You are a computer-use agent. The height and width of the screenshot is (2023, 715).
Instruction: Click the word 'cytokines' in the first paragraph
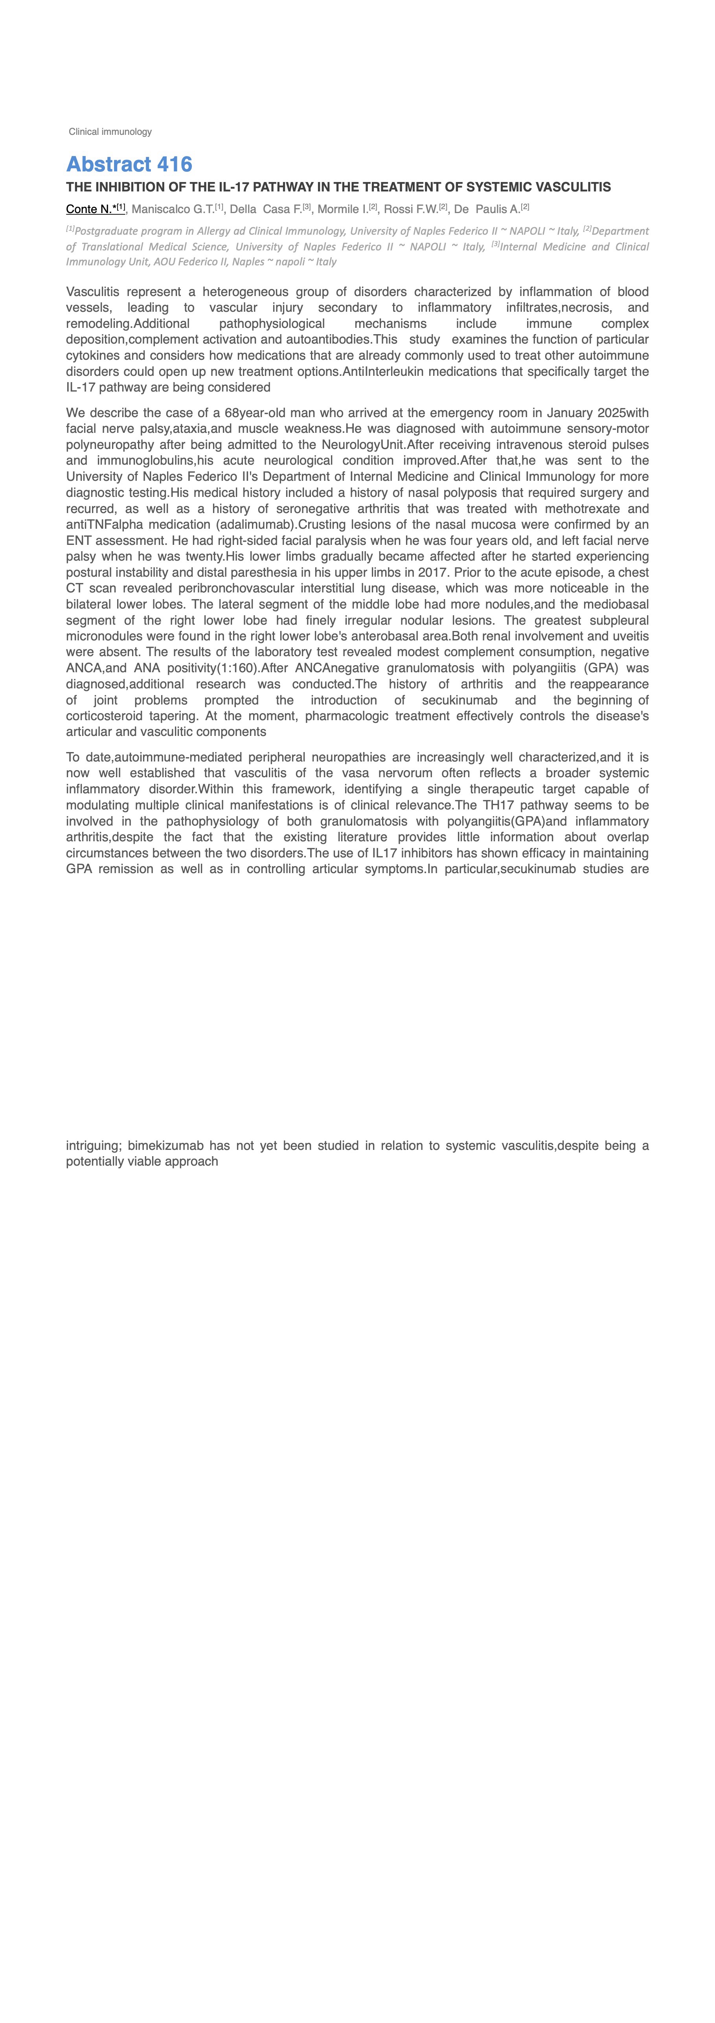94,356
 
